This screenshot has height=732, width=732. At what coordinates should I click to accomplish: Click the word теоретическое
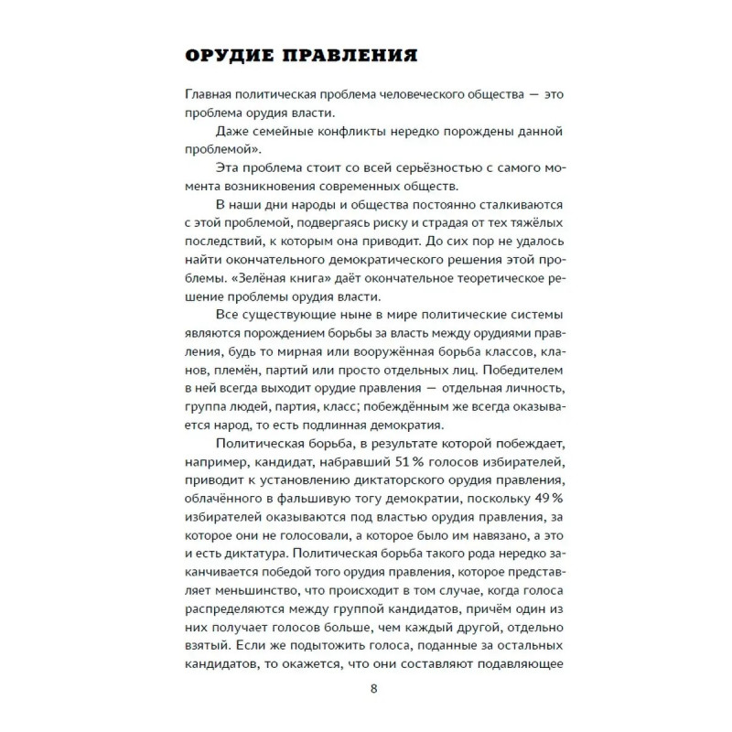tap(463, 273)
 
